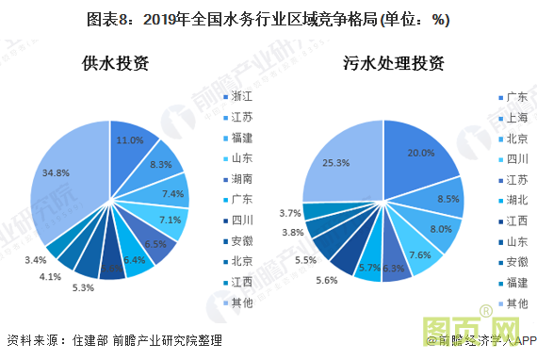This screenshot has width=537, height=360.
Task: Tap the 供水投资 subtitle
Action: click(114, 65)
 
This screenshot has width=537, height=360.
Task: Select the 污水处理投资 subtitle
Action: click(394, 65)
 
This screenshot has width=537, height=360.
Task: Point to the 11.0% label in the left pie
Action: click(129, 139)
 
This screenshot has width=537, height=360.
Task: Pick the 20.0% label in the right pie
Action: click(420, 153)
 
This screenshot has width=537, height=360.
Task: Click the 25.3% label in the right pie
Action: click(336, 162)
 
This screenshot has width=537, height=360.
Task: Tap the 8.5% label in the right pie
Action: click(448, 199)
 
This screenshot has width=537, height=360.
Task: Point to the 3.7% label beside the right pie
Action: click(289, 213)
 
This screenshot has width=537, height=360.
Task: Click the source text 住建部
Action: click(89, 340)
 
